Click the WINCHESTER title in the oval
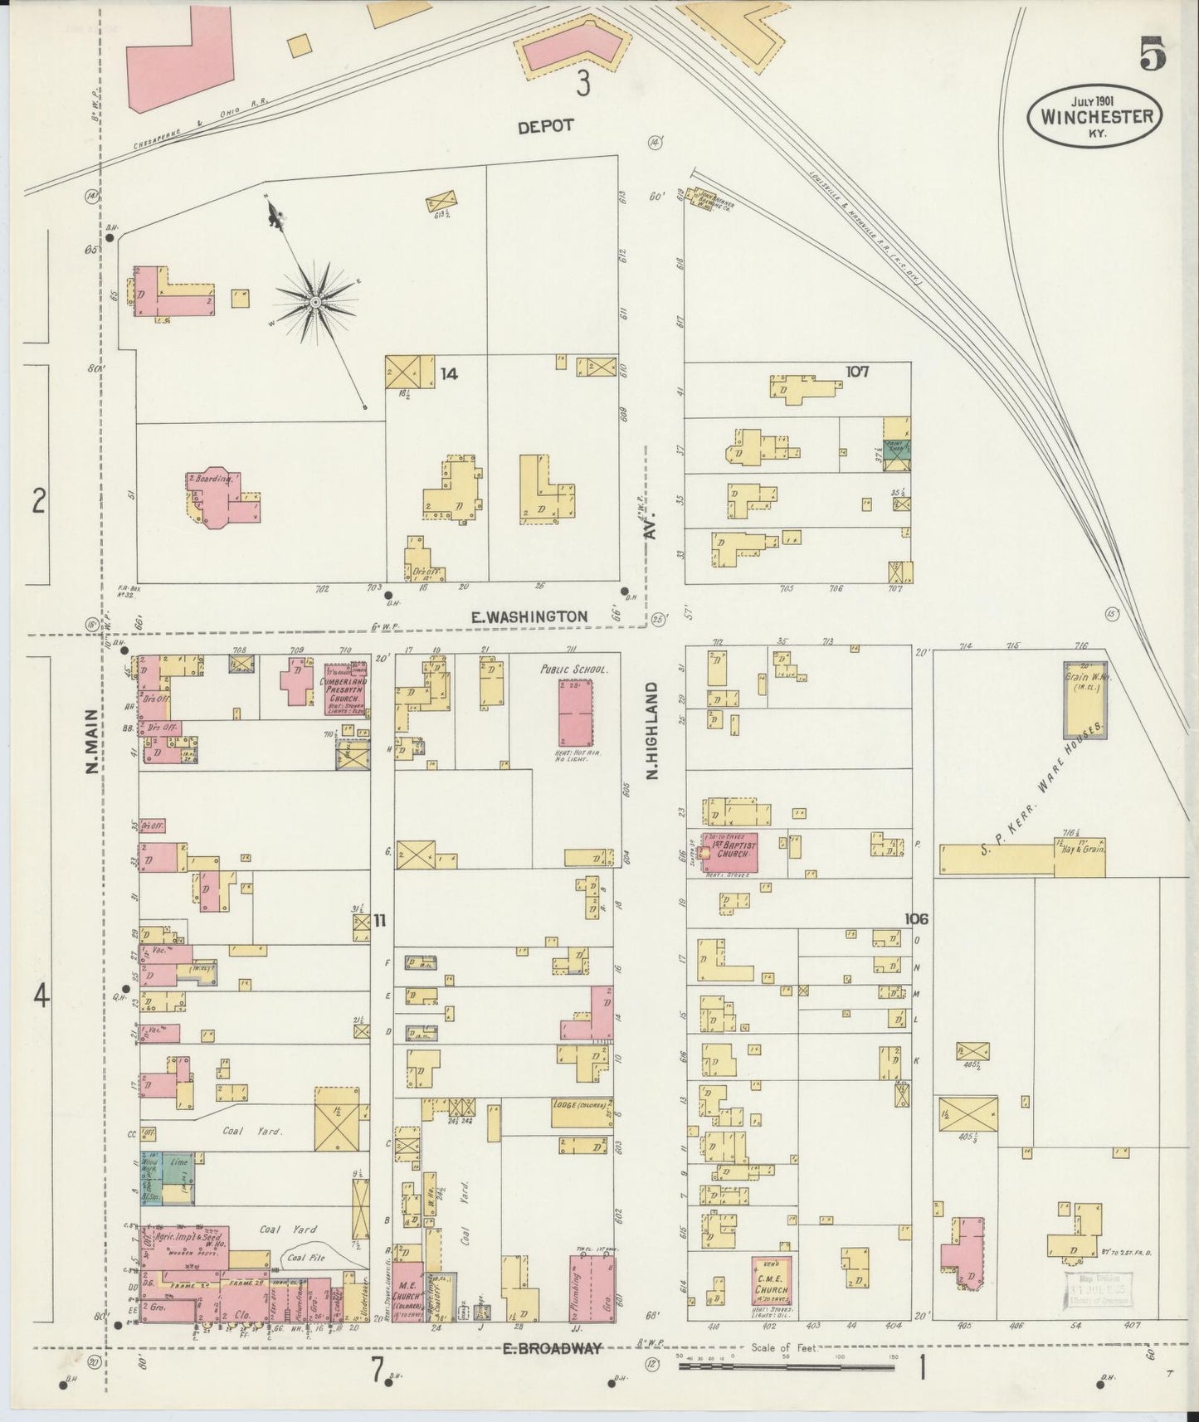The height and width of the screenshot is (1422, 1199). coord(1094,116)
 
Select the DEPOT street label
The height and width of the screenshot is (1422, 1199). coord(545,126)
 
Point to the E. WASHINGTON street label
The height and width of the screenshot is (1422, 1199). coord(529,616)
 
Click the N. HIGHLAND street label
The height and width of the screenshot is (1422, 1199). coord(652,730)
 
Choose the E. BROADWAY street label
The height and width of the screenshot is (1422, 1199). coord(551,1348)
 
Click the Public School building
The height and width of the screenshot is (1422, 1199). coord(575,713)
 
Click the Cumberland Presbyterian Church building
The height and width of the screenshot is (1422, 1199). coord(346,689)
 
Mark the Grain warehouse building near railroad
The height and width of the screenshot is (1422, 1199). coord(1084,700)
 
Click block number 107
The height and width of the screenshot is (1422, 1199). coord(858,372)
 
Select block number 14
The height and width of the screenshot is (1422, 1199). coord(449,374)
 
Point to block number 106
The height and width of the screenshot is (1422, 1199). coord(917,919)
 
